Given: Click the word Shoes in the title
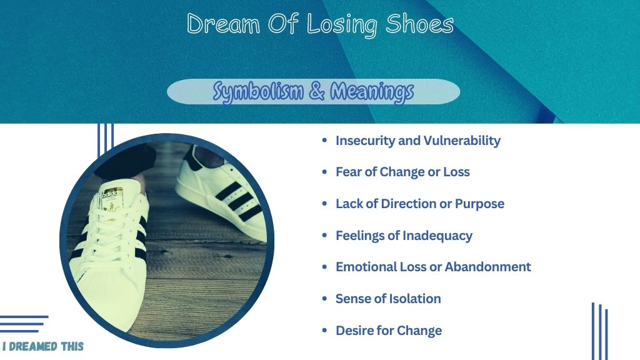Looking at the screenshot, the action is tap(419, 24).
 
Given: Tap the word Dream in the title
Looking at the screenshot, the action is tap(223, 24).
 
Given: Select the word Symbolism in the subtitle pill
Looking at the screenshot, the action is tap(258, 91).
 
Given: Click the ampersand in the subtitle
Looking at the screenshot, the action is tap(317, 91).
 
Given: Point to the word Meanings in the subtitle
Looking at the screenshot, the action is tap(372, 91).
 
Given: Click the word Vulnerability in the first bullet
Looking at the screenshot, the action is tap(462, 141).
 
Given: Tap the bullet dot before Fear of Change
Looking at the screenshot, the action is tap(324, 172).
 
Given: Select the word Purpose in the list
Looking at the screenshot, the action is tap(479, 204).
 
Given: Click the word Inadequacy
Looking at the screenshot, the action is tap(437, 236).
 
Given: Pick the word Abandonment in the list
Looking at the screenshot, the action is tap(487, 267).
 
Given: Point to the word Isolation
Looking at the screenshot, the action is tap(414, 299).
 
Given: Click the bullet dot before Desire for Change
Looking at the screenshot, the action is tap(324, 330).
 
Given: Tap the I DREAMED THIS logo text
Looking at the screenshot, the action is tap(43, 346).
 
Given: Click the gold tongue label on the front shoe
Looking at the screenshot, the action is tap(112, 197).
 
